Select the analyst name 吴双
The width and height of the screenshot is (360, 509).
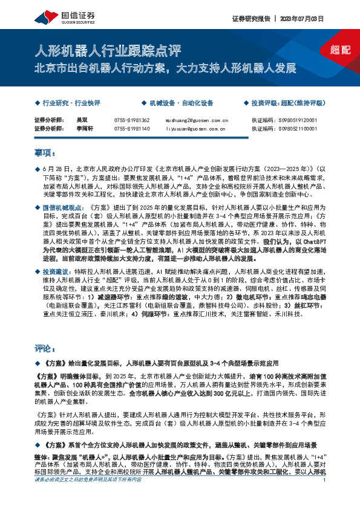pos(82,120)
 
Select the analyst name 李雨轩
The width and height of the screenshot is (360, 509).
pos(85,128)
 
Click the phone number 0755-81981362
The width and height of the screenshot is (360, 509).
pos(132,120)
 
